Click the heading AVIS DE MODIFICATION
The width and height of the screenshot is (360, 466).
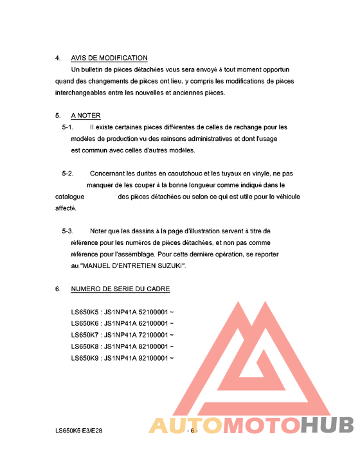point(109,58)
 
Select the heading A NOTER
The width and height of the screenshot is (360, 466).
point(85,116)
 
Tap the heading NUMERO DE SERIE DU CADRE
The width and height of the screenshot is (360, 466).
point(120,289)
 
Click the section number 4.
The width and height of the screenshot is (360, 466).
point(58,58)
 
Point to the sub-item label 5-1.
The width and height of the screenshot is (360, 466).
point(67,127)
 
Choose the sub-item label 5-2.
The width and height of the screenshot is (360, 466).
point(67,174)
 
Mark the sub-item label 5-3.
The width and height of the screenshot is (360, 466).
point(67,231)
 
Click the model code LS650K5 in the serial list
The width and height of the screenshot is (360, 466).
point(85,312)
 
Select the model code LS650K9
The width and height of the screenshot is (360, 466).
point(85,358)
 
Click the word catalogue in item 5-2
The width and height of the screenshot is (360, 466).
point(70,197)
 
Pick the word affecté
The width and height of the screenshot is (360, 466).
point(66,208)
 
